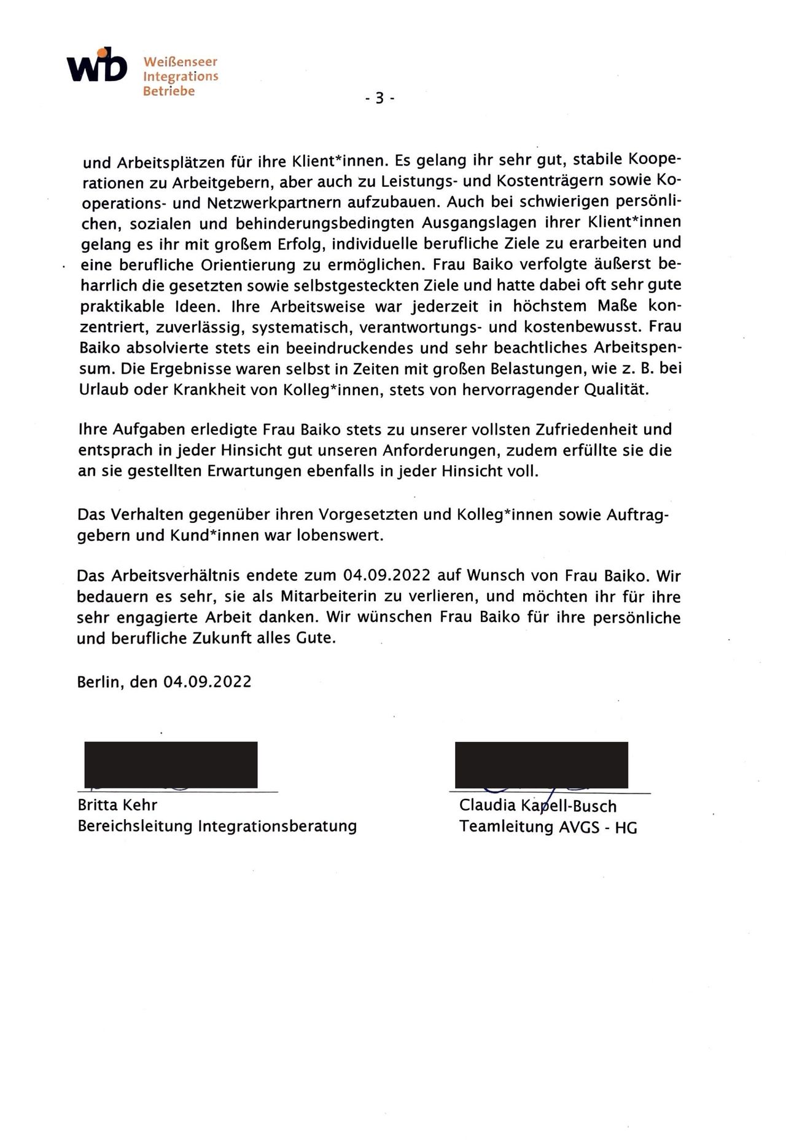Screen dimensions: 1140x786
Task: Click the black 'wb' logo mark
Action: (97, 66)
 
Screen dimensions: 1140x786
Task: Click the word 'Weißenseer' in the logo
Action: (180, 62)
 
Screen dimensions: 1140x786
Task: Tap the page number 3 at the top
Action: (379, 97)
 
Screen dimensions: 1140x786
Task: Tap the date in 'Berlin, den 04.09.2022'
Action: (208, 682)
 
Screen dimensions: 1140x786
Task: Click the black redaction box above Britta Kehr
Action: (171, 764)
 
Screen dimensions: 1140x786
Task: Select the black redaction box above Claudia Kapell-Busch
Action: (541, 764)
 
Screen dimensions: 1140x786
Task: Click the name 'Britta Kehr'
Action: (117, 805)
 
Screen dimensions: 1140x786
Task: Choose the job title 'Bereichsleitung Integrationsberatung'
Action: (217, 826)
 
